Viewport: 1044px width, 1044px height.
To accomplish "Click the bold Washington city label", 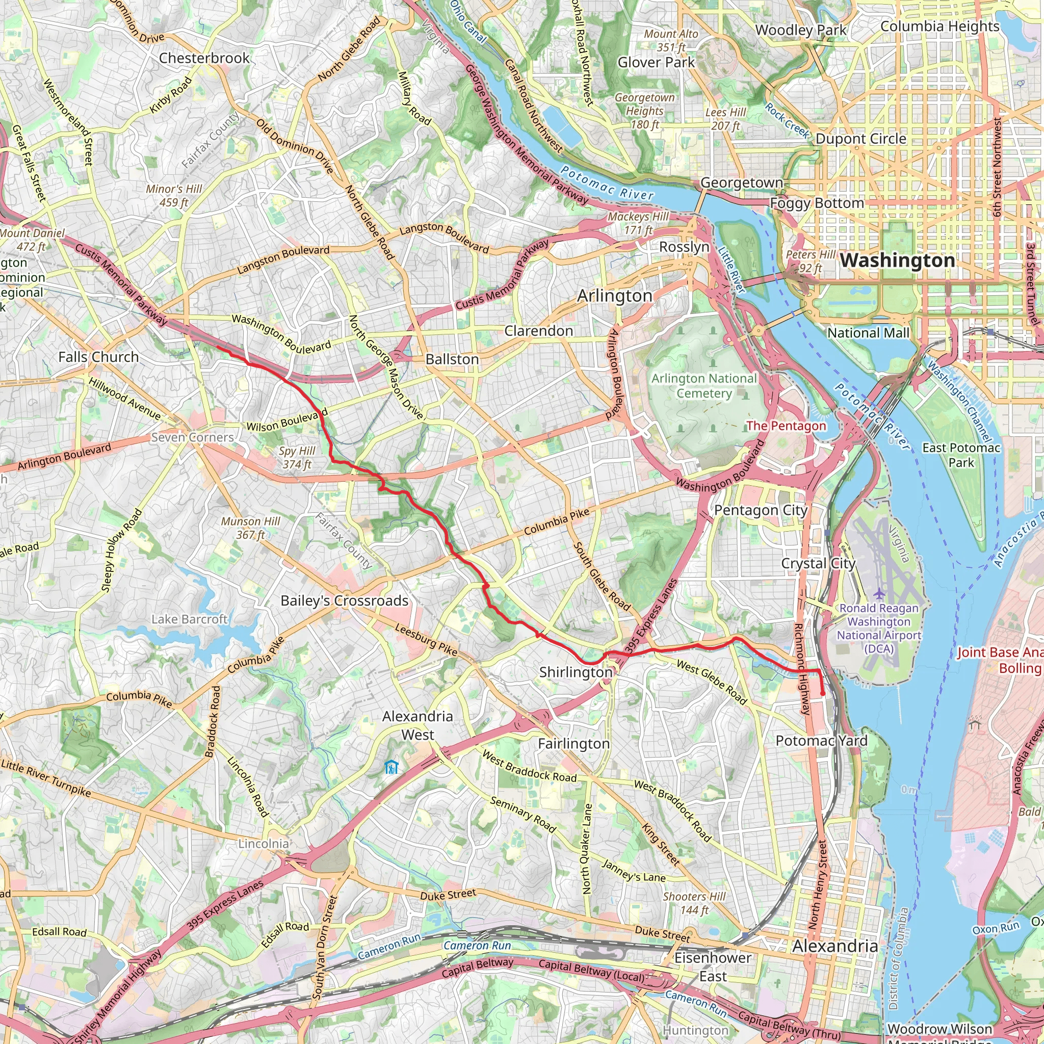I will tap(897, 260).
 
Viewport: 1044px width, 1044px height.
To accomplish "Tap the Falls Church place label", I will tap(98, 357).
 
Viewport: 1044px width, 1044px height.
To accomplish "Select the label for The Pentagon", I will tap(786, 426).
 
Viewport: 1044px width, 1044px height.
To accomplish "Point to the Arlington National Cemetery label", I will tap(704, 386).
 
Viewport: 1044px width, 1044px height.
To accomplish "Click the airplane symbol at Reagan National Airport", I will tap(879, 593).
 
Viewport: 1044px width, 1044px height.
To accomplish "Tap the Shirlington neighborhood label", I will tap(576, 672).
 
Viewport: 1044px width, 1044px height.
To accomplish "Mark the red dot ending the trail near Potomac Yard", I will tap(823, 694).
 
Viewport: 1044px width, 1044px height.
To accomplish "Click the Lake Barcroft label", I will tap(189, 619).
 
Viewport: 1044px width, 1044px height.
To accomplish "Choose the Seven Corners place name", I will tap(192, 437).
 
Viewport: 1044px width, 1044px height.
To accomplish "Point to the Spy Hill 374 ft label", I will tap(297, 457).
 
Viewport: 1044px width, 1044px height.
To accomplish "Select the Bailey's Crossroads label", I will tap(344, 601).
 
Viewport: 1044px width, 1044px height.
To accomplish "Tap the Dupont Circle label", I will tap(861, 139).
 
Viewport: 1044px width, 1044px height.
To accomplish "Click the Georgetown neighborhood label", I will tap(741, 182).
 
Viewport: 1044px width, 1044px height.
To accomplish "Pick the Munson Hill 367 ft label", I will tap(251, 528).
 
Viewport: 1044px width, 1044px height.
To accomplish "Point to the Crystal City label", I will tap(818, 563).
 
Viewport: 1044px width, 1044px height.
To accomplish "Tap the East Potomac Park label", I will tap(961, 455).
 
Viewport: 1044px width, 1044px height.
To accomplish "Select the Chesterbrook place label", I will tap(204, 58).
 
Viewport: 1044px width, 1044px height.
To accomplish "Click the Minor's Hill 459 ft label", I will tap(174, 196).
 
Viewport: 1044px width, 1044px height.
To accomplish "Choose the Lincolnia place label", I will tap(264, 844).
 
